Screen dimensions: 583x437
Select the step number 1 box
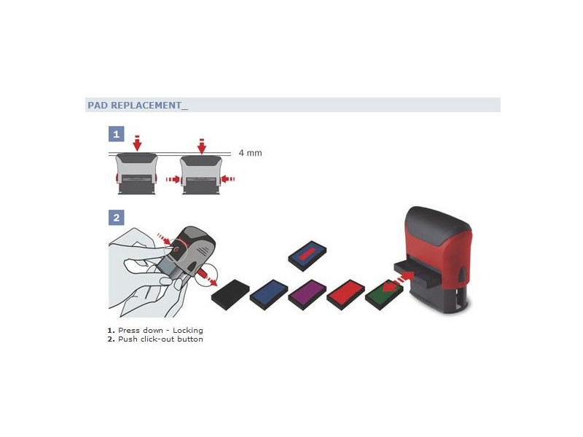click(117, 134)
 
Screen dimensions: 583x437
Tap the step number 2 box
click(117, 217)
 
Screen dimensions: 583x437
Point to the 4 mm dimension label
click(250, 153)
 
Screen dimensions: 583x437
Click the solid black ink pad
click(230, 295)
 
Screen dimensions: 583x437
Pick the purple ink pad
click(307, 295)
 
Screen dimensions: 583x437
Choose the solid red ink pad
click(345, 295)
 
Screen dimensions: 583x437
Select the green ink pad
click(384, 295)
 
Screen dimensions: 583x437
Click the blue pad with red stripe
click(308, 256)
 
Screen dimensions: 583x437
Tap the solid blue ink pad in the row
click(269, 295)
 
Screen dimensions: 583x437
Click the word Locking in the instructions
click(188, 331)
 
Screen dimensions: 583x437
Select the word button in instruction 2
click(190, 339)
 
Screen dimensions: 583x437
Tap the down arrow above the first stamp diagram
click(137, 143)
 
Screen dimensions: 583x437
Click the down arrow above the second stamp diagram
click(202, 146)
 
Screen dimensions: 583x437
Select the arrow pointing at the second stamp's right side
click(228, 179)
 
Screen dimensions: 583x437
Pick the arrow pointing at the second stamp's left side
click(173, 179)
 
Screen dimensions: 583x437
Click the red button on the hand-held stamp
click(176, 251)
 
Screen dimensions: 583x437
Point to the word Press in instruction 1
click(129, 331)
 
